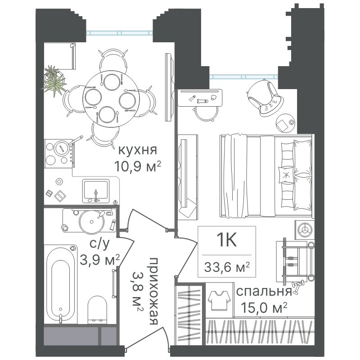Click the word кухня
pyautogui.click(x=138, y=151)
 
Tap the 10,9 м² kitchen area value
pyautogui.click(x=138, y=166)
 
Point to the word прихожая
pyautogui.click(x=153, y=291)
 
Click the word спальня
pyautogui.click(x=264, y=292)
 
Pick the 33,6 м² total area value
pyautogui.click(x=227, y=267)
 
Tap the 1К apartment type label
pyautogui.click(x=227, y=240)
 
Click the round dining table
pyautogui.click(x=111, y=99)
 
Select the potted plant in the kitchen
pyautogui.click(x=54, y=81)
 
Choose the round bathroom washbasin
pyautogui.click(x=92, y=222)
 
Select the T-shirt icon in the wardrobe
pyautogui.click(x=219, y=300)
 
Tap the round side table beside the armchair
pyautogui.click(x=285, y=123)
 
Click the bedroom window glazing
pyautogui.click(x=244, y=76)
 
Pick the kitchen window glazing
pyautogui.click(x=119, y=33)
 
